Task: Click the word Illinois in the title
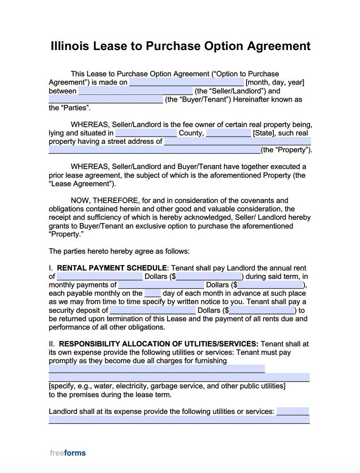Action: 70,46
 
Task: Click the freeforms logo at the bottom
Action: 68,453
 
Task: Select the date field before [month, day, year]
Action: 186,83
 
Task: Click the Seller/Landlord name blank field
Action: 136,91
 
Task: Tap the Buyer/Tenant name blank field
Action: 106,100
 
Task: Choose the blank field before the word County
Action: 146,133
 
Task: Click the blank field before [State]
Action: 229,133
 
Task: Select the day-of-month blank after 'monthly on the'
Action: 153,294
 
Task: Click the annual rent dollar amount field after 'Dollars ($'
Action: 209,277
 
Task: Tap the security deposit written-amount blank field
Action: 153,311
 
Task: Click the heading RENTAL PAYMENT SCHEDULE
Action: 112,268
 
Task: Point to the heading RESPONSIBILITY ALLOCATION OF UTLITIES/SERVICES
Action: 158,344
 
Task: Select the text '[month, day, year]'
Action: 275,83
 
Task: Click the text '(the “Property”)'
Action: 286,150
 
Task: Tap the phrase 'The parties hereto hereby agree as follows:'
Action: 119,251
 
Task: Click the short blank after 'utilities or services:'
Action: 293,411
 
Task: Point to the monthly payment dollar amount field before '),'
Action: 270,285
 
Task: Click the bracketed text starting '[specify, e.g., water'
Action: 167,386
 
